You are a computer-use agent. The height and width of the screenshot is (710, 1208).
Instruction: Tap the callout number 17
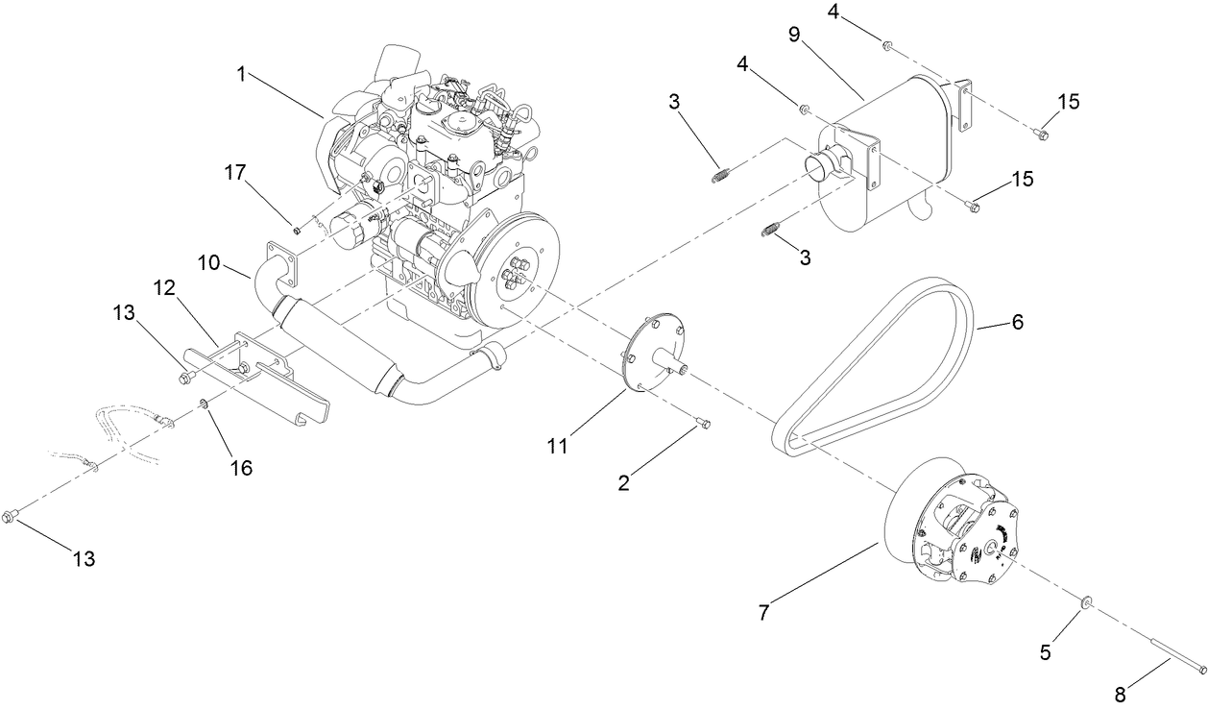coord(235,174)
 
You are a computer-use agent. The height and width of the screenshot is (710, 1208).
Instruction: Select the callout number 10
coord(210,261)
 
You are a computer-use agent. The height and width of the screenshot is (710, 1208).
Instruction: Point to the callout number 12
coord(165,287)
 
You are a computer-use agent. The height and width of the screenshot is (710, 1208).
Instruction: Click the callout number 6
coord(1016,322)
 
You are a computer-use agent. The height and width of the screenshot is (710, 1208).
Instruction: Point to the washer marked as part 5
coord(1085,602)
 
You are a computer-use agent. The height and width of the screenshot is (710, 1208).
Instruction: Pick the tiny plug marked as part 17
coord(297,229)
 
